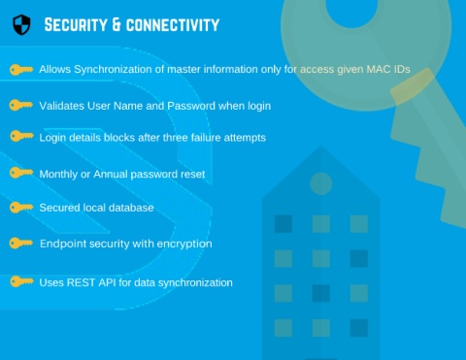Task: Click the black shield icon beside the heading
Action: (21, 24)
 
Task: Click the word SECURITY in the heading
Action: (76, 25)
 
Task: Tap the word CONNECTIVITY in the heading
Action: (173, 25)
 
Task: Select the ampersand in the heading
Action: (116, 25)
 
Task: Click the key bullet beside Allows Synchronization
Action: (21, 70)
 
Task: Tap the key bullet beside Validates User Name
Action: (21, 105)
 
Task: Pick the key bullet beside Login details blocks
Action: (21, 136)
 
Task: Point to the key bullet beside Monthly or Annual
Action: (21, 173)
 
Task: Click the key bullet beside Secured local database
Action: (21, 208)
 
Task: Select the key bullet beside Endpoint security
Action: (21, 243)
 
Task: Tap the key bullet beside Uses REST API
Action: (21, 281)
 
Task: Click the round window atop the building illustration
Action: (321, 183)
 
